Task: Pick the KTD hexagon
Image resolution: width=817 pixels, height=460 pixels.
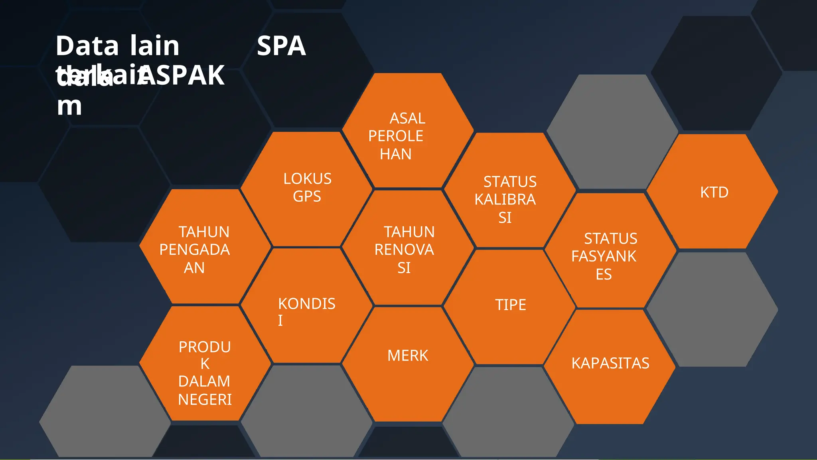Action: click(712, 192)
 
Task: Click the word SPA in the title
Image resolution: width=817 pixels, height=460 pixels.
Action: click(281, 46)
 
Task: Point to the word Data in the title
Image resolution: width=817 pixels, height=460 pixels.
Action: click(87, 46)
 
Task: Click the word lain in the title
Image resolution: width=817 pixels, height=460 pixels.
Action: click(154, 46)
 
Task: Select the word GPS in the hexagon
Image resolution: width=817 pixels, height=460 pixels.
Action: click(307, 196)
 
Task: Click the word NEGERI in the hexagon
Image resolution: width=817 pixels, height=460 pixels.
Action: click(205, 399)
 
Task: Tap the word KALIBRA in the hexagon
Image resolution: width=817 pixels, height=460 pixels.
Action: click(505, 199)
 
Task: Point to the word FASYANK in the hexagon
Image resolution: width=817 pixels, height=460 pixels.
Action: click(604, 256)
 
